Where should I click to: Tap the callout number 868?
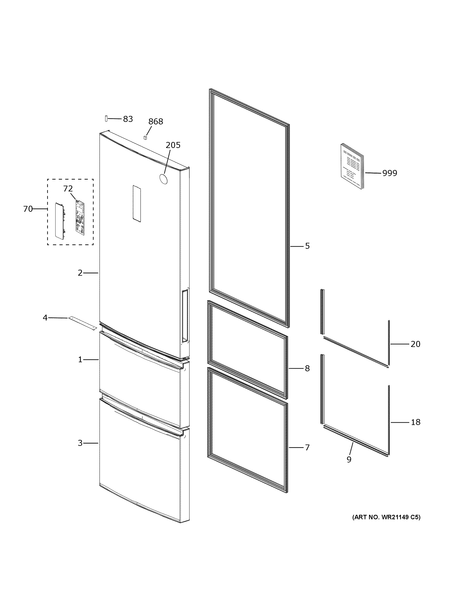(156, 122)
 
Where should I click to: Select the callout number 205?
(173, 145)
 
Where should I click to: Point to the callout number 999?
(390, 173)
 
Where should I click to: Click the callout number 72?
(68, 189)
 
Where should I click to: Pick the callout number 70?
(28, 209)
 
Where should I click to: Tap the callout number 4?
(45, 318)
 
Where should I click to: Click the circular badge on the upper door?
(163, 179)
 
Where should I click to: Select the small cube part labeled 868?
(145, 138)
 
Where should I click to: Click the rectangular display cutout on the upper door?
(137, 203)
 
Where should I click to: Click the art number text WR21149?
(386, 517)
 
